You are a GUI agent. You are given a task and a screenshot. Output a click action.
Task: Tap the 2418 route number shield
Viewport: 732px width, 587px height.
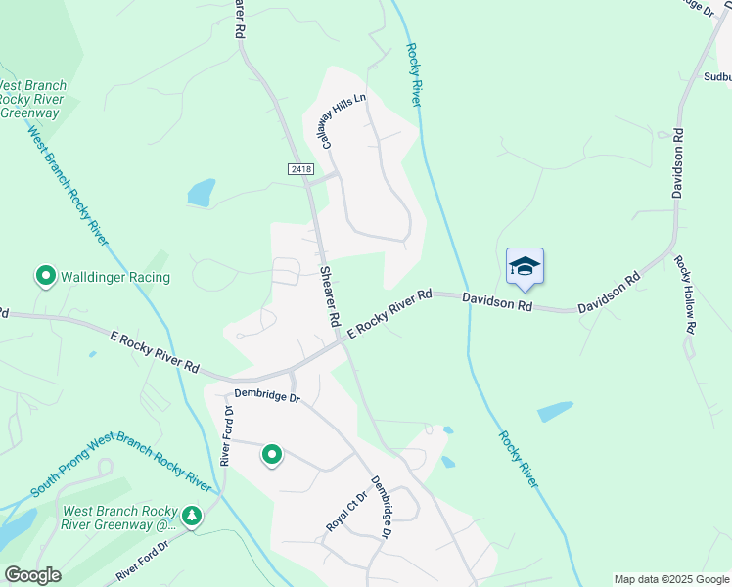(x=301, y=169)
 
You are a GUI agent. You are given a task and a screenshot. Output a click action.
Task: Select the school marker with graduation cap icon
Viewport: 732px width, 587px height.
(x=525, y=266)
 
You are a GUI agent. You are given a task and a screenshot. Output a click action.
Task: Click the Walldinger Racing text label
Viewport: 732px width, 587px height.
(x=115, y=277)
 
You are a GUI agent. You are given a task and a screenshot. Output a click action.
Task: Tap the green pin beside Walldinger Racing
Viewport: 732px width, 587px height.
(x=45, y=277)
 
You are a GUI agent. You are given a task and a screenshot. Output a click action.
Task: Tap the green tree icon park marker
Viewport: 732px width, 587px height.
(x=192, y=516)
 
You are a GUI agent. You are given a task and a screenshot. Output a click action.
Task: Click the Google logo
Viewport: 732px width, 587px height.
(x=31, y=575)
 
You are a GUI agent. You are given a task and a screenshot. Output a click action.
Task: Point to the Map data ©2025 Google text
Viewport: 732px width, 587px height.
(x=671, y=579)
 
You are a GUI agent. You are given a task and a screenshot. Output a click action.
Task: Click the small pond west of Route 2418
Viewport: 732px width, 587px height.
(x=201, y=192)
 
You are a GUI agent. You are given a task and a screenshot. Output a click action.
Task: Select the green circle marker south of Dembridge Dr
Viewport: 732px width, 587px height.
(x=272, y=455)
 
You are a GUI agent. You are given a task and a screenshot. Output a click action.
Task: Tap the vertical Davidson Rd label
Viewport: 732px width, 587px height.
(x=676, y=161)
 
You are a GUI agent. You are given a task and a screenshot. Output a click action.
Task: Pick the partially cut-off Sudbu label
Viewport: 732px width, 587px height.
(x=716, y=75)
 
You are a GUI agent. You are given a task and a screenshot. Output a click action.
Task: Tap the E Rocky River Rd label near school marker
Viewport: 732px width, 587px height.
(x=389, y=313)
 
